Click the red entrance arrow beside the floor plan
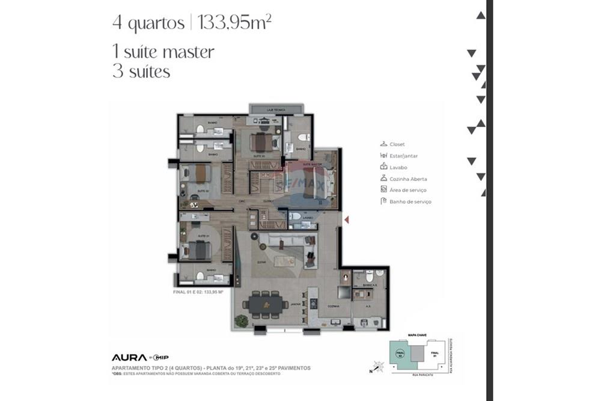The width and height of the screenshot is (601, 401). coord(346,220)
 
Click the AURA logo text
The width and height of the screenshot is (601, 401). coord(129,357)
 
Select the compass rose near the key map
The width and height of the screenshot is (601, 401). coord(377,365)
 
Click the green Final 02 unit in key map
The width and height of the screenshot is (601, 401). coord(397,353)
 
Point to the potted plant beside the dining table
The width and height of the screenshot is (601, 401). coord(241,321)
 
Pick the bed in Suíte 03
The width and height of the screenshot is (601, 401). coord(261,142)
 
